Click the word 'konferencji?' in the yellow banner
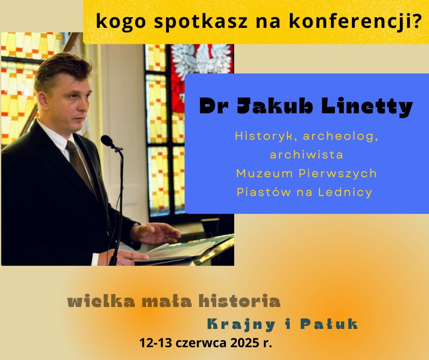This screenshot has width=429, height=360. click(356, 21)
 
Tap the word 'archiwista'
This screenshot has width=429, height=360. click(306, 155)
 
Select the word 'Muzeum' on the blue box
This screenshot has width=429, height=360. click(265, 174)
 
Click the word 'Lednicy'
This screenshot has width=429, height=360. click(345, 192)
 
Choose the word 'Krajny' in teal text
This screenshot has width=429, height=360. click(241, 325)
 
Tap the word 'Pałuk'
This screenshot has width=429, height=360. click(329, 324)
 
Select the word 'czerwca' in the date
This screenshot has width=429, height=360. click(201, 343)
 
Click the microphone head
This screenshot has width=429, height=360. click(107, 141)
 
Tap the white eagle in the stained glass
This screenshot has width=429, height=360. click(201, 59)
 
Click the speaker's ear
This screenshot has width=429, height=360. click(43, 101)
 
